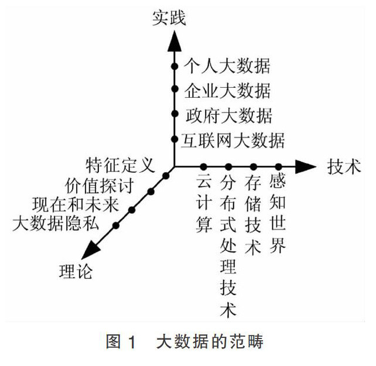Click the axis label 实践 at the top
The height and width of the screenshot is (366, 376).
pos(169,18)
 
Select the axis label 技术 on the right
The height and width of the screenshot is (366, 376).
pos(343,167)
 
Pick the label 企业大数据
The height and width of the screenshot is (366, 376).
pos(227,91)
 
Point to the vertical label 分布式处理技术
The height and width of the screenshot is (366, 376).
pos(228,247)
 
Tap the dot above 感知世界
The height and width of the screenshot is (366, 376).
pos(279,167)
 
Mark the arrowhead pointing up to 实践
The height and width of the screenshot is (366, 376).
pos(174,40)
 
